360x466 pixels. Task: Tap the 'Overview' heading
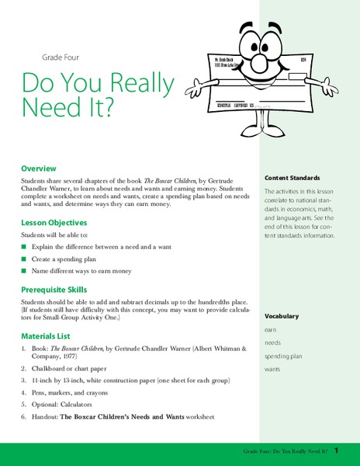click(x=39, y=168)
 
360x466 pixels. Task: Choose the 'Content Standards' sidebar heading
click(x=292, y=177)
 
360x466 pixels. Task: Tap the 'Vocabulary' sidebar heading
click(x=281, y=316)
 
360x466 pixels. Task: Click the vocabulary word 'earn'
click(x=271, y=329)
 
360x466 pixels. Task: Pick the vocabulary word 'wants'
click(x=273, y=369)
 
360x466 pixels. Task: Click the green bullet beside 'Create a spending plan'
click(x=24, y=259)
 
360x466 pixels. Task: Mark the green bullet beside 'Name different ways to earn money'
click(x=24, y=271)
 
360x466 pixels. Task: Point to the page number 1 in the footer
click(x=348, y=450)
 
